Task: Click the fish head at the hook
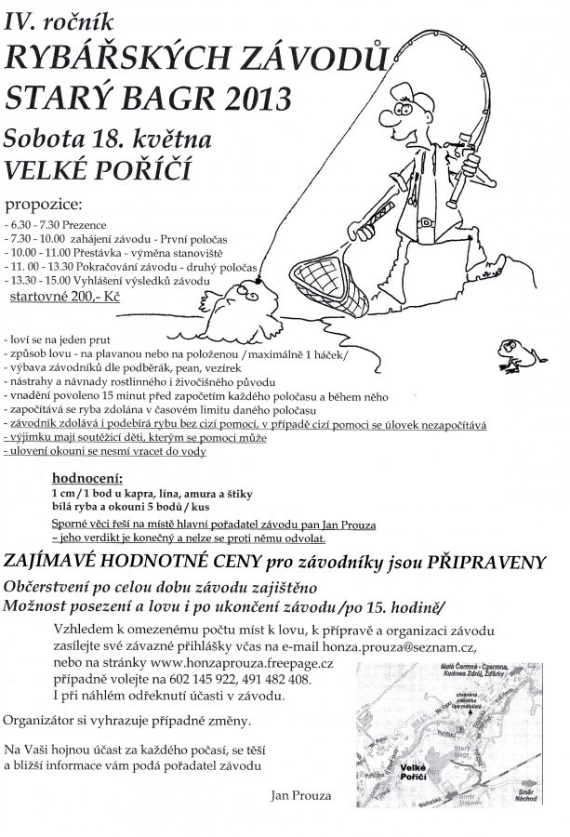click(x=251, y=296)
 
